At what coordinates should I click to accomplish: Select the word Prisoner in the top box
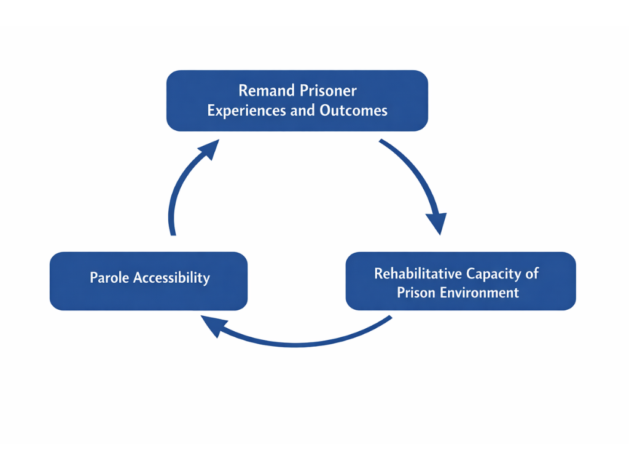point(328,91)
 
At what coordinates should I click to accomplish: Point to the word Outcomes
point(354,111)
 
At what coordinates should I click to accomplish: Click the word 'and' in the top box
point(302,111)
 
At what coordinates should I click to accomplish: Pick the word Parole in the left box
point(109,278)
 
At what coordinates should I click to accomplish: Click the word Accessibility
point(172,278)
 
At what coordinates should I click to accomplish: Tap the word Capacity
point(494,273)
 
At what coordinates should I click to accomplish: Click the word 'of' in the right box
point(532,273)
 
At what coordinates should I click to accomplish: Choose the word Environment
point(481,293)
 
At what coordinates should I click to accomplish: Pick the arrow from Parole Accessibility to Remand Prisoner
point(178,191)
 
